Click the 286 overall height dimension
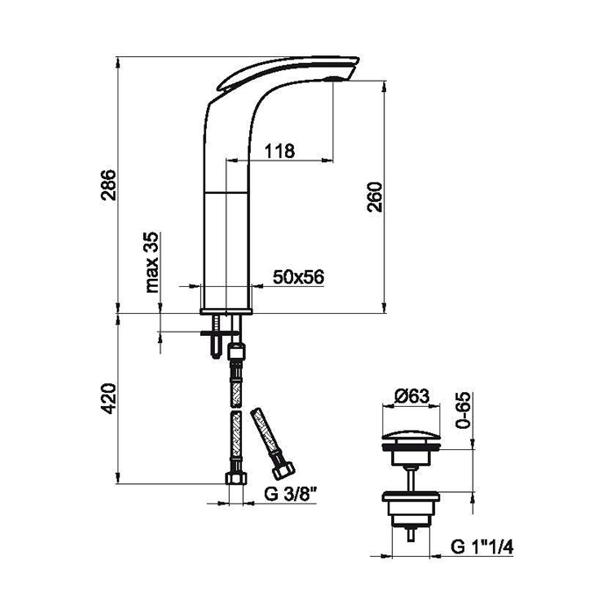[109, 185]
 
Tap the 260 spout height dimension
[375, 196]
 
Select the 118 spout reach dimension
[280, 151]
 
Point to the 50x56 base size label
[298, 277]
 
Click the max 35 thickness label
[152, 262]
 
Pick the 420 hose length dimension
[109, 398]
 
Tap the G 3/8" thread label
[289, 495]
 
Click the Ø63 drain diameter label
[411, 396]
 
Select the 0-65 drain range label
[464, 410]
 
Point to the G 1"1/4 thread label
[482, 546]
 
